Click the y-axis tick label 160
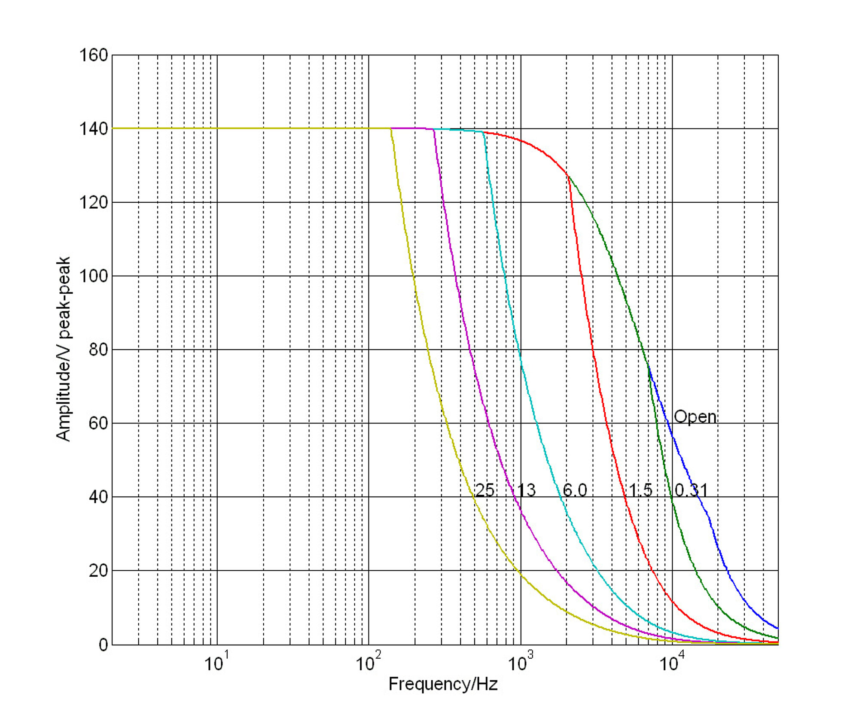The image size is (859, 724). (93, 55)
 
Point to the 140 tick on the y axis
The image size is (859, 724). (93, 129)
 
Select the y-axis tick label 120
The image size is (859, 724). (93, 202)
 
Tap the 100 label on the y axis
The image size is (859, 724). (93, 276)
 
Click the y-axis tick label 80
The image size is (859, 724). (98, 350)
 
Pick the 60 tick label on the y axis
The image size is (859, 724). (98, 423)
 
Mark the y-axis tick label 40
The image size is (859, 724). (98, 497)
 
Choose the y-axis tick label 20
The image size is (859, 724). (98, 571)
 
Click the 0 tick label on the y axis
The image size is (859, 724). (103, 645)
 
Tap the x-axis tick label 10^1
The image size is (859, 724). (216, 662)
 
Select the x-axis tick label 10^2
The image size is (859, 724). (368, 662)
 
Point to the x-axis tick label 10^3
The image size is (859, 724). (520, 662)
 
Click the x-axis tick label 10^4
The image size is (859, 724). (672, 662)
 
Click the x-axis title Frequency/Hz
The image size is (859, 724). (443, 684)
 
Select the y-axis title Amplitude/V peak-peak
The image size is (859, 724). (63, 349)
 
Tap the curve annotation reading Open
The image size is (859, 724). (695, 417)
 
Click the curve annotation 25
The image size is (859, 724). (485, 490)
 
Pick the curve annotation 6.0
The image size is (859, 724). (575, 490)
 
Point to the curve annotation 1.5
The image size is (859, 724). (640, 490)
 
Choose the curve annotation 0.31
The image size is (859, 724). (691, 490)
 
